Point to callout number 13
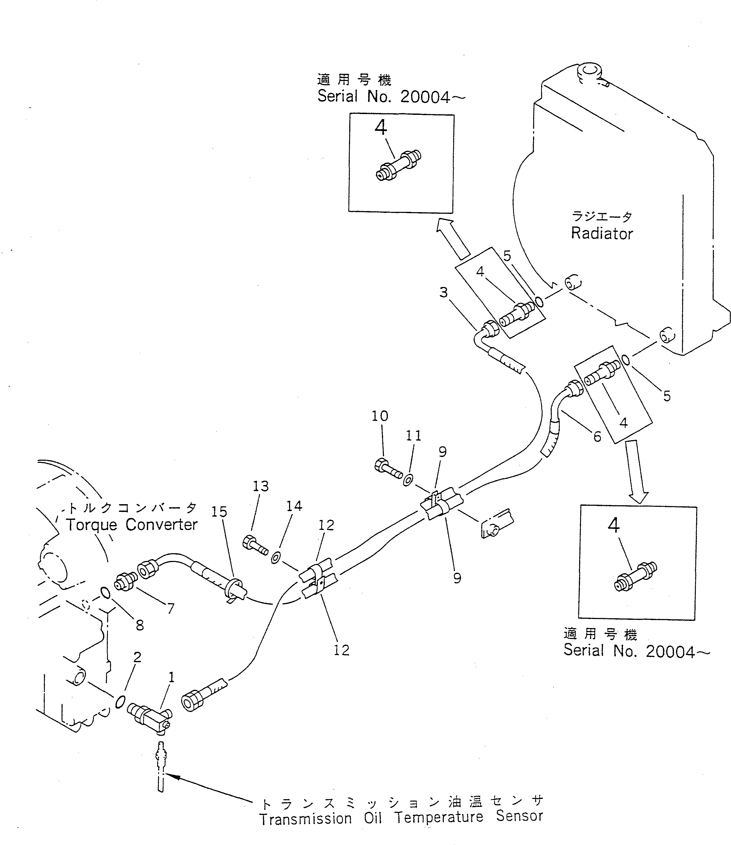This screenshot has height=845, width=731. [x=261, y=486]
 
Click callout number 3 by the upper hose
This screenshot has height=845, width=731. [x=443, y=293]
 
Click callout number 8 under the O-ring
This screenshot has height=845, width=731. [x=140, y=625]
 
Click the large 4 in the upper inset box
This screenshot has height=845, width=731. [x=381, y=128]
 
